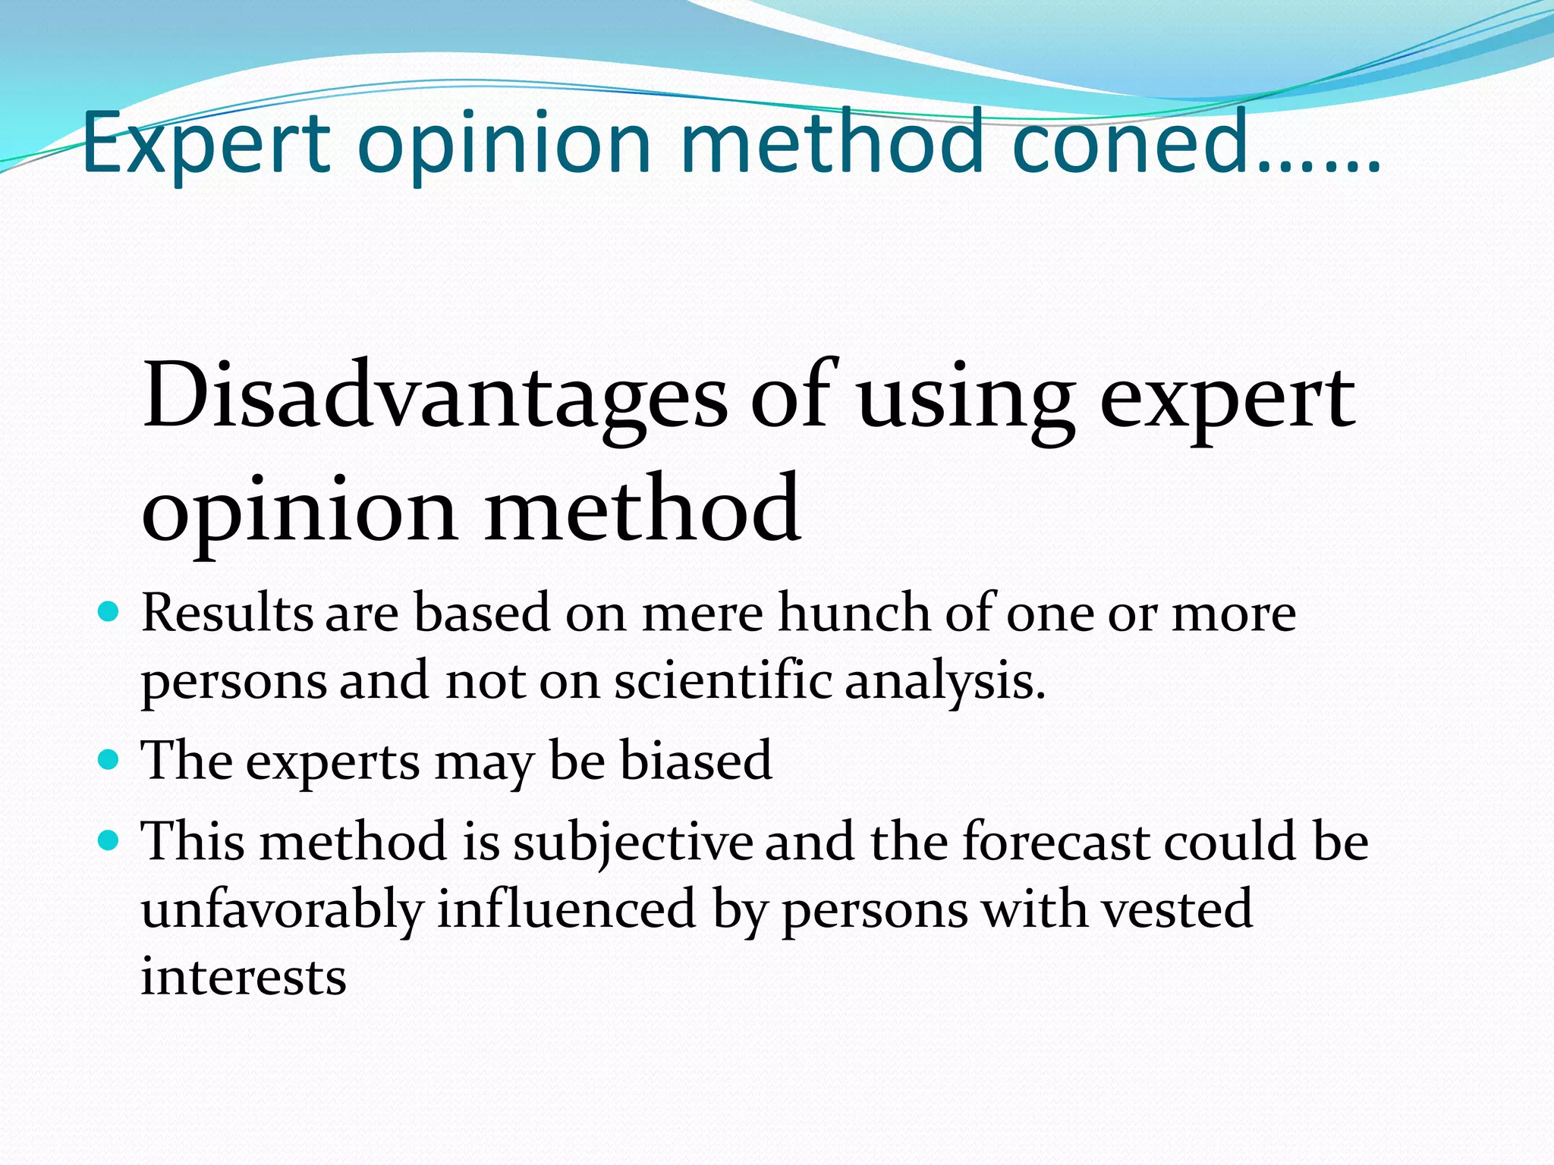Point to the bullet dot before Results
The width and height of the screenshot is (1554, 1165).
109,611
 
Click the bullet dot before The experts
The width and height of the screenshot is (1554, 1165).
109,759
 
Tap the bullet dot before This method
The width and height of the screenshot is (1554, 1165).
109,840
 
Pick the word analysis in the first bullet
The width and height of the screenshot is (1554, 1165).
945,680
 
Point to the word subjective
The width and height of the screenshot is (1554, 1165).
633,842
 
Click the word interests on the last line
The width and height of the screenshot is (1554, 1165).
244,976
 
